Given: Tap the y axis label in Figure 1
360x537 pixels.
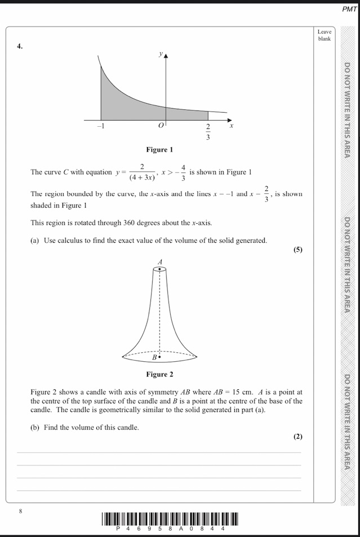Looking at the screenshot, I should [161, 54].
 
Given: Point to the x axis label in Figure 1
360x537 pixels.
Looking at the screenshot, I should [231, 127].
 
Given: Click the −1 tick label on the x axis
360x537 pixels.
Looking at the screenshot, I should [100, 127].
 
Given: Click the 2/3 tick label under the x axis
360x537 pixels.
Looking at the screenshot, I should [208, 132].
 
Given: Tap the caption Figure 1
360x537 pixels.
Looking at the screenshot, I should [159, 150].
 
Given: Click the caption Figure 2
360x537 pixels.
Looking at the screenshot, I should [159, 374].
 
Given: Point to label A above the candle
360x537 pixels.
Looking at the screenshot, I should [160, 261].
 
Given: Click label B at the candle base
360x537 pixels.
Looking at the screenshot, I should [154, 357].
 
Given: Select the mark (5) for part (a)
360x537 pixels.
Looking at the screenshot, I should [297, 250].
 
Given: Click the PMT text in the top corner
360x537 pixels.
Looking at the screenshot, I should [349, 9].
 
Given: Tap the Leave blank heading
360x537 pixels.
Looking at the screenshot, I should [324, 35].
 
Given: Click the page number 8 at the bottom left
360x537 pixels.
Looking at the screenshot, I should [20, 511].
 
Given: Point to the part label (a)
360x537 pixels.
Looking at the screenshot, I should [35, 241].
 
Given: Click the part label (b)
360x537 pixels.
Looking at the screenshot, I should [35, 428].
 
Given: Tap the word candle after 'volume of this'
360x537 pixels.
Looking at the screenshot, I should [127, 428].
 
